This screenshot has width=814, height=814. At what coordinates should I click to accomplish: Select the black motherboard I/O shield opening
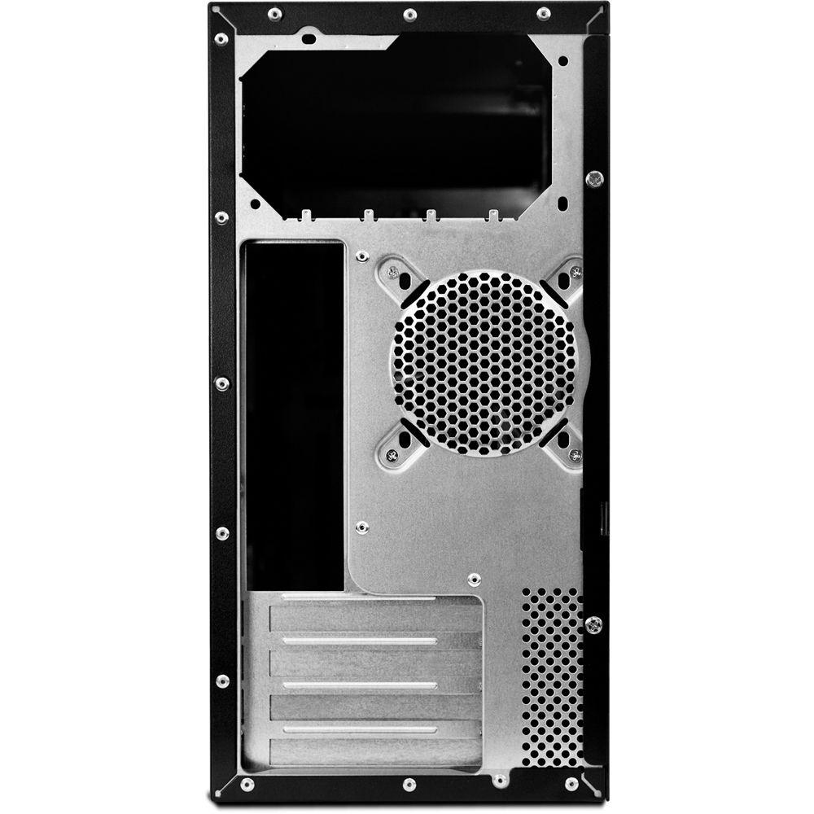295,415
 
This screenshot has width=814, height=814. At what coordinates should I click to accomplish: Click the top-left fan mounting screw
394,274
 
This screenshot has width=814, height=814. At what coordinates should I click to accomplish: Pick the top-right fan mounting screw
576,273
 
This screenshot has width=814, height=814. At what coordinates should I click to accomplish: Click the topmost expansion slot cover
376,618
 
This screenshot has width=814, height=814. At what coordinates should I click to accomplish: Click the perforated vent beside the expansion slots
552,676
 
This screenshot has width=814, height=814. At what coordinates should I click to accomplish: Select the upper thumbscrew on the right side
595,177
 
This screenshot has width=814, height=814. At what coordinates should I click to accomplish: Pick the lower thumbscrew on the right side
595,624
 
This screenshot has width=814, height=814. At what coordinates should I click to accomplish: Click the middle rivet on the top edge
409,14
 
